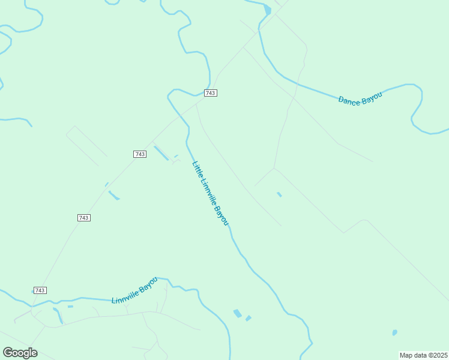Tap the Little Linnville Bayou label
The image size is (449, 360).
tap(210, 193)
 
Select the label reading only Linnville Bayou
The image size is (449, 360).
tap(134, 290)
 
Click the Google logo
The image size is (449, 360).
tap(20, 353)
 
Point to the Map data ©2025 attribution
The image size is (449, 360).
tap(423, 355)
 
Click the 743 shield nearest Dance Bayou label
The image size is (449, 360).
tap(210, 93)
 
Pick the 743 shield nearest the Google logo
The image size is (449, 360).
tap(40, 290)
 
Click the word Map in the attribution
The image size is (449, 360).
tap(406, 355)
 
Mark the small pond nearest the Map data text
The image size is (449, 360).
tap(394, 332)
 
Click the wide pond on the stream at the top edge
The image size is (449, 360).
tap(267, 10)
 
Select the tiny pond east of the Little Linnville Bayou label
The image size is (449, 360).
tap(279, 194)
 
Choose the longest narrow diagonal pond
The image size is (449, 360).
tap(161, 152)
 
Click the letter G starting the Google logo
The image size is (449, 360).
tap(8, 353)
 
